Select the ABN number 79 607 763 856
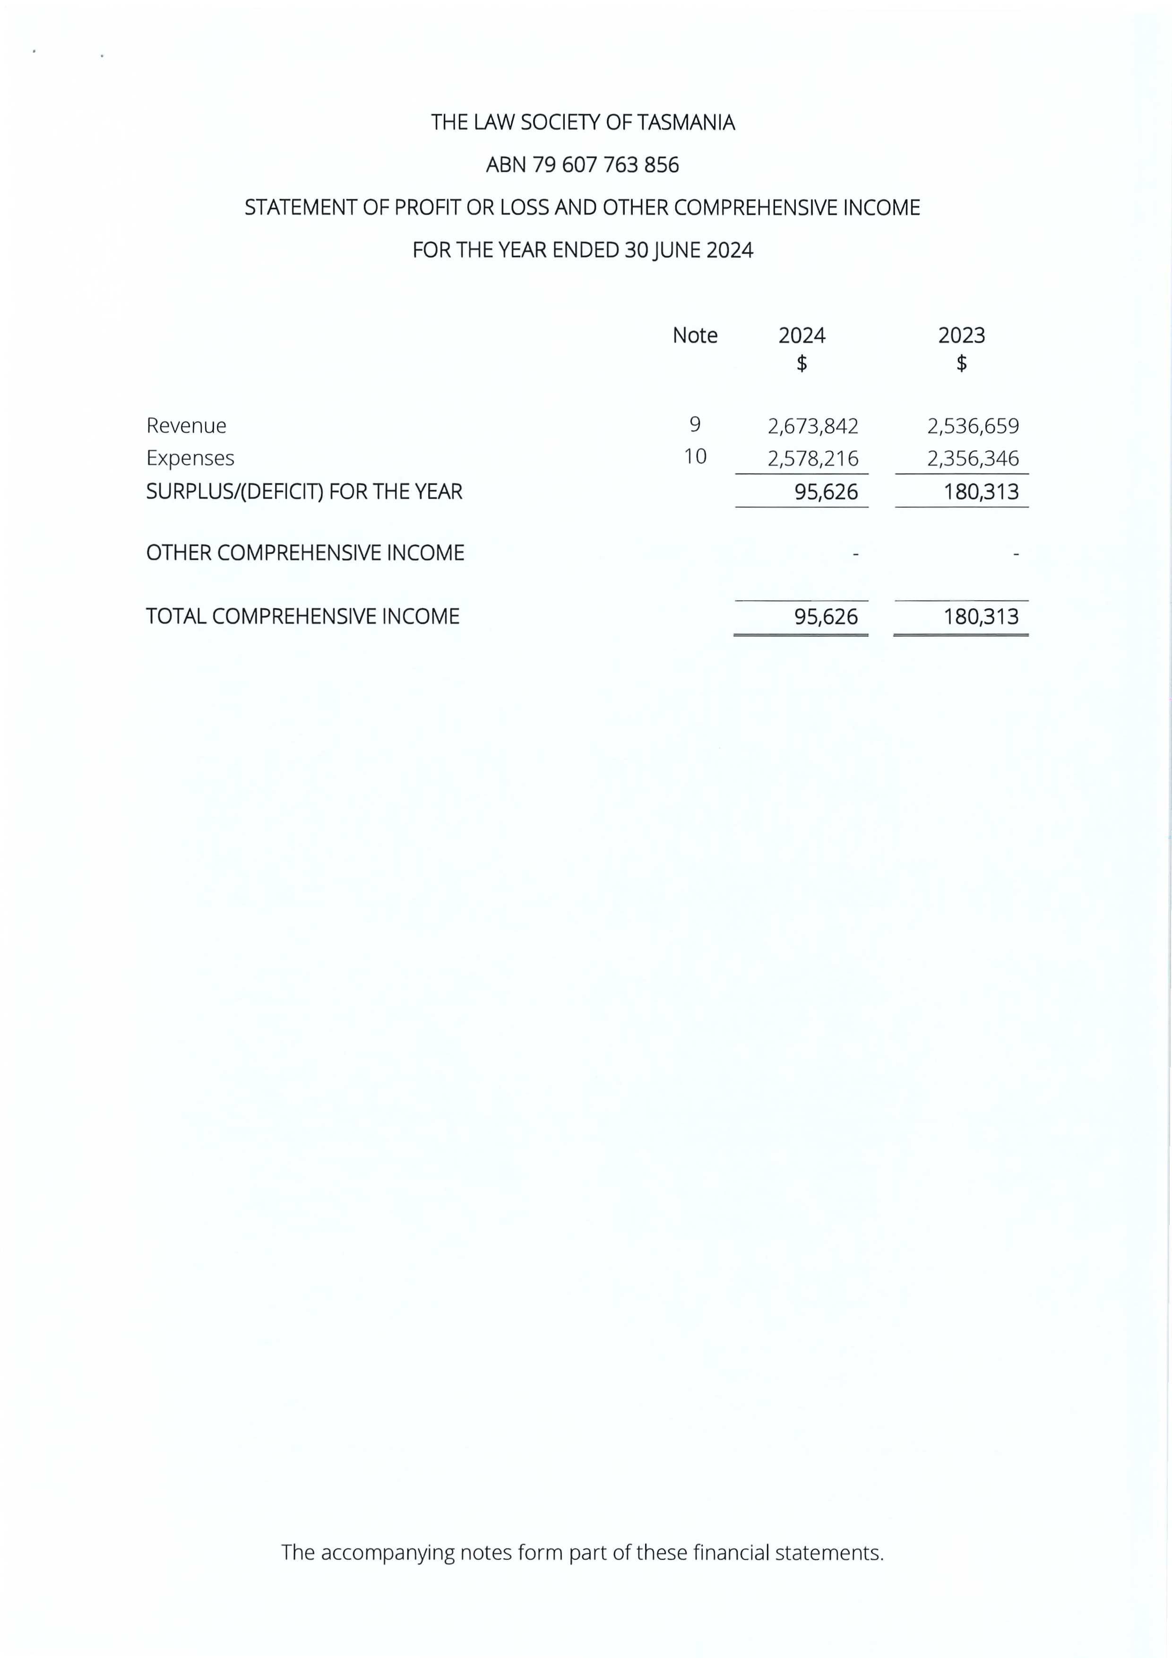pyautogui.click(x=605, y=165)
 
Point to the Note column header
pyautogui.click(x=695, y=336)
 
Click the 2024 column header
pyautogui.click(x=801, y=336)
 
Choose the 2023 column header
pyautogui.click(x=961, y=336)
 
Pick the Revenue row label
pyautogui.click(x=186, y=426)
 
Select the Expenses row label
pyautogui.click(x=190, y=458)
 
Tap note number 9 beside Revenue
pyautogui.click(x=695, y=424)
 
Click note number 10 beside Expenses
pyautogui.click(x=695, y=457)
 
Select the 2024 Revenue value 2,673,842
pyautogui.click(x=813, y=426)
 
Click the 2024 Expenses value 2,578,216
pyautogui.click(x=813, y=458)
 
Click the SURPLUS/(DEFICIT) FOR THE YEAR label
pyautogui.click(x=304, y=492)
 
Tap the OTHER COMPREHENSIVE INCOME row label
pyautogui.click(x=305, y=553)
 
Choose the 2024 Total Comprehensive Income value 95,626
pyautogui.click(x=826, y=617)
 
